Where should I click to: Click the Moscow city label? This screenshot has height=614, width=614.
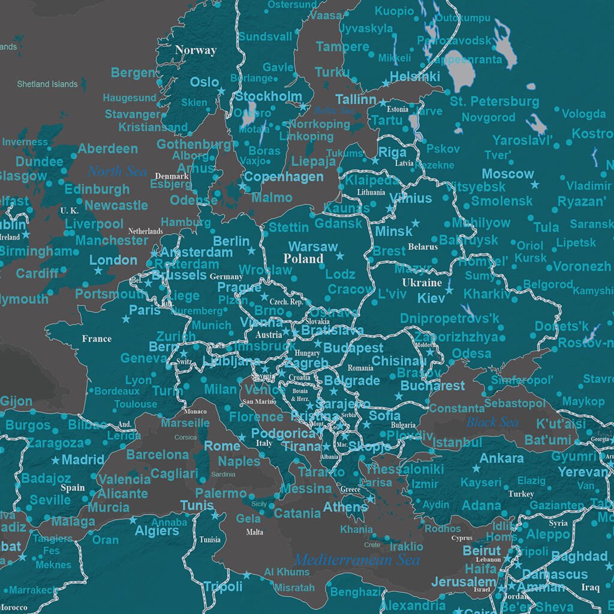coord(507,174)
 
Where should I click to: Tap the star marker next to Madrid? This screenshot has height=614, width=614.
coord(56,460)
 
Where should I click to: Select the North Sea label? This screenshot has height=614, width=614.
coord(118,171)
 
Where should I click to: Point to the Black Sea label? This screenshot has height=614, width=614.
coord(492,422)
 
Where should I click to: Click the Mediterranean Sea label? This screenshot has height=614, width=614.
coord(356,561)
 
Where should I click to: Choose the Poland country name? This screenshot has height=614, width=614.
coord(303,259)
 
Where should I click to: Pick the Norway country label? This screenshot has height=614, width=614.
coord(195,50)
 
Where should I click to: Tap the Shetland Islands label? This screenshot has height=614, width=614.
coord(47,85)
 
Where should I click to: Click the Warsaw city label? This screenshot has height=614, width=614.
coord(313,247)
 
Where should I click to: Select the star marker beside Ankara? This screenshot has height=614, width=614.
coord(477,468)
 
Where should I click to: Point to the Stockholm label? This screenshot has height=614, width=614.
coord(268,97)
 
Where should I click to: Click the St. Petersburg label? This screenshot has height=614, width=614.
coord(494,101)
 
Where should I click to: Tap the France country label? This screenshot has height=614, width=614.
coord(97,339)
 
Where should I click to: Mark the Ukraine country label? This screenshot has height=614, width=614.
coord(422,282)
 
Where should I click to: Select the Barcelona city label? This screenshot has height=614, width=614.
coord(157,455)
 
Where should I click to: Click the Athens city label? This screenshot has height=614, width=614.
coord(345,507)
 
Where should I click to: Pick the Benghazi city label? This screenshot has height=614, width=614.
coord(354,592)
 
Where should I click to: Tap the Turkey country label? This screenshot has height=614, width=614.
coord(520,494)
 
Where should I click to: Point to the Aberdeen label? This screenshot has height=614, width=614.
coord(108,149)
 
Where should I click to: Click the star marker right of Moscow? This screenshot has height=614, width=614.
coord(535,185)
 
